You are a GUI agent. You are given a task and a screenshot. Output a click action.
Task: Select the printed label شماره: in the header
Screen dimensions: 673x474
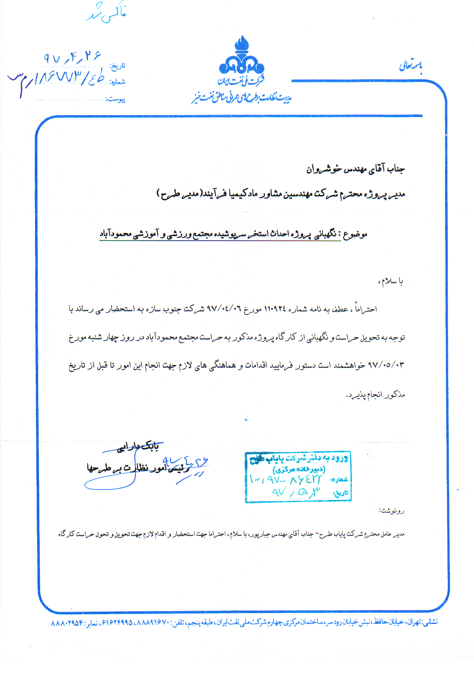coord(117,82)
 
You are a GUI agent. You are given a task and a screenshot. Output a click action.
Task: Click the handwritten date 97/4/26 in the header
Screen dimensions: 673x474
coord(71,58)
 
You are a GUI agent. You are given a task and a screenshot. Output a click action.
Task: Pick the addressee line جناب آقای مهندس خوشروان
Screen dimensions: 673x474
coord(355,169)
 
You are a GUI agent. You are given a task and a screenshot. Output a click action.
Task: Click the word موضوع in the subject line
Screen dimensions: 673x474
coord(355,234)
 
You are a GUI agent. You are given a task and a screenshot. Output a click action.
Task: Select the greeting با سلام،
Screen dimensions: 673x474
coord(391,282)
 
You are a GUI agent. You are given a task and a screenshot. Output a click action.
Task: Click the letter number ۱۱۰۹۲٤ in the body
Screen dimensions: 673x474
coord(275,309)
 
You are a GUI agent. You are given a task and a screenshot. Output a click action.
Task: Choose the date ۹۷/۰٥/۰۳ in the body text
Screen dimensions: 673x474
coord(386,365)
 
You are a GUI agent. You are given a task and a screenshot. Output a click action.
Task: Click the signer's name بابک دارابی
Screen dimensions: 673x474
coord(138,447)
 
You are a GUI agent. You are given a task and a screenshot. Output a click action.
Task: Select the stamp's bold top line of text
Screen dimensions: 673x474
coord(299,459)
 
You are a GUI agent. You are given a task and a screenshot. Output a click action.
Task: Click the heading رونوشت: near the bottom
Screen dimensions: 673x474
coord(392,511)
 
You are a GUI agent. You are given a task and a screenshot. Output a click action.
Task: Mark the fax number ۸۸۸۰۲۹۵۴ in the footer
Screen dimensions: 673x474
coord(67,624)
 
